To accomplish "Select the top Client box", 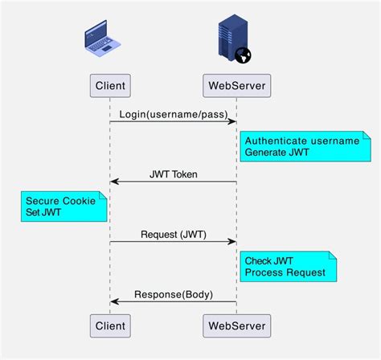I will pos(109,85).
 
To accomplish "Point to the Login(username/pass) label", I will pos(173,113).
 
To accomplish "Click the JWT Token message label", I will pos(173,174).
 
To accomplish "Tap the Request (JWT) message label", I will pos(173,234).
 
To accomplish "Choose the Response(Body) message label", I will pos(173,294).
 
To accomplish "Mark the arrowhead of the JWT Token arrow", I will pos(115,182).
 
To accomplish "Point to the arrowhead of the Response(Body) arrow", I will pos(115,301).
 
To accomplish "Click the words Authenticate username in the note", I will pos(301,141).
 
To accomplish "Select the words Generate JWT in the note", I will pos(277,153).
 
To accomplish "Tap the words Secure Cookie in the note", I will pos(60,201).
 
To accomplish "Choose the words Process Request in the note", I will pos(285,272).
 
